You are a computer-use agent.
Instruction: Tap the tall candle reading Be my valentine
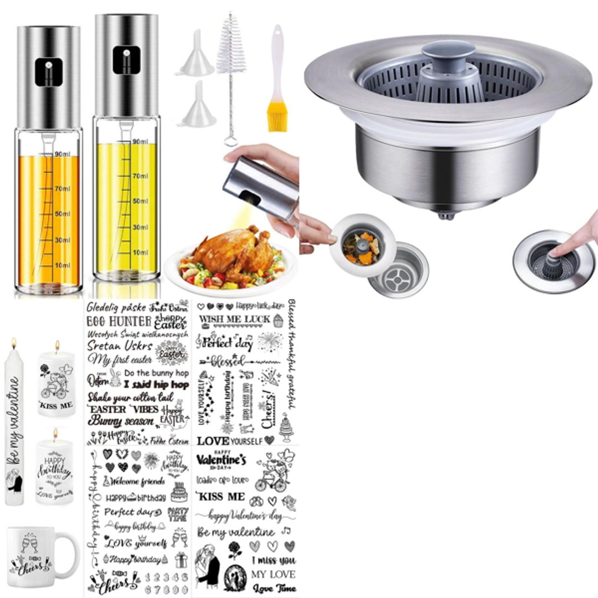14,426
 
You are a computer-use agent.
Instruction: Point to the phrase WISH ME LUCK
235,319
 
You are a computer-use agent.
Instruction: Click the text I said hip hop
156,385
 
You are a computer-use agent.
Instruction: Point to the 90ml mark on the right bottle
140,142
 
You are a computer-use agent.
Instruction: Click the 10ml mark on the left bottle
63,266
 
